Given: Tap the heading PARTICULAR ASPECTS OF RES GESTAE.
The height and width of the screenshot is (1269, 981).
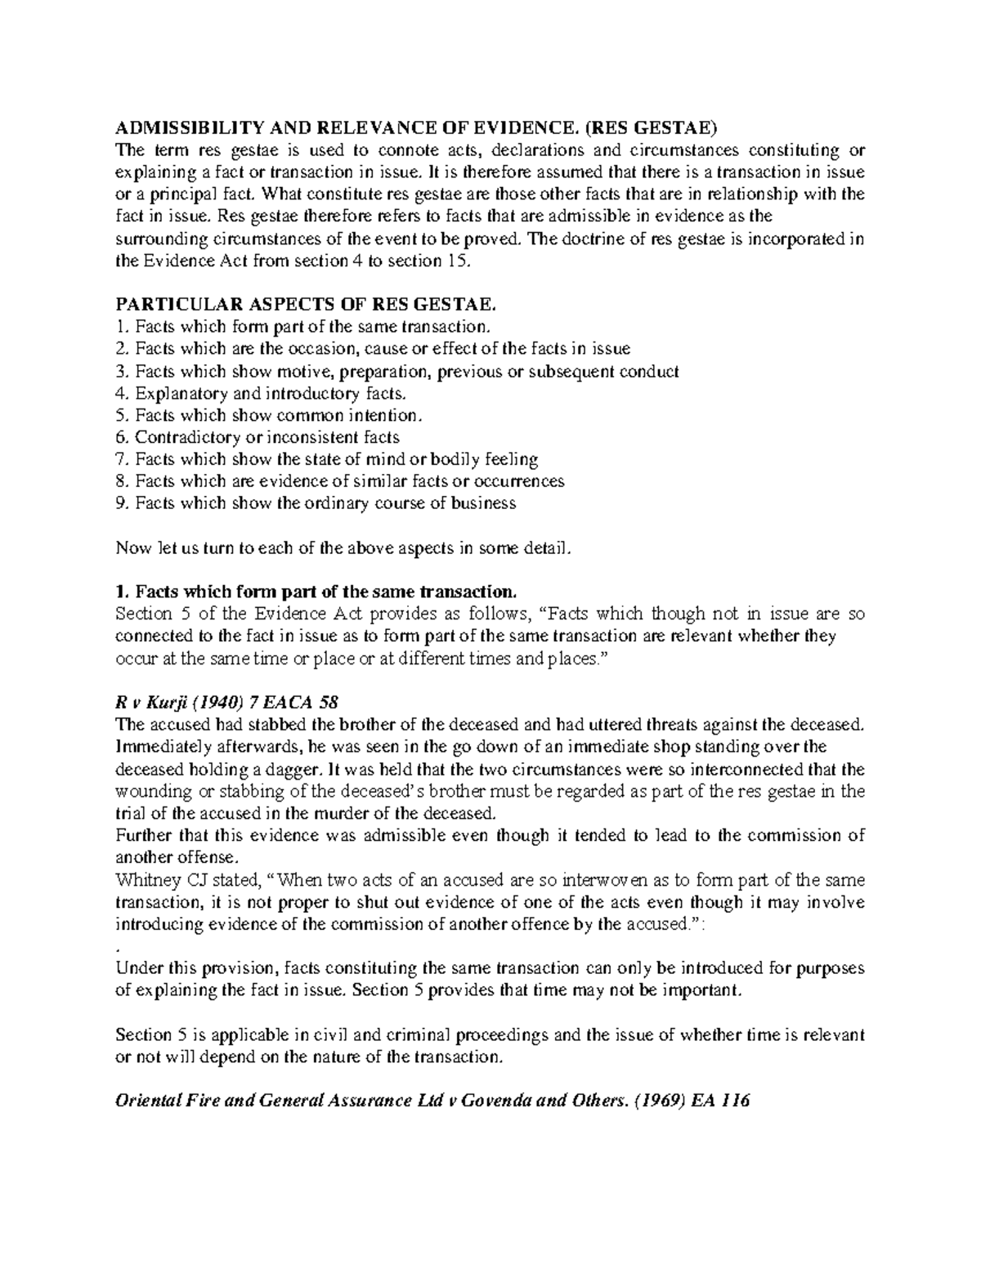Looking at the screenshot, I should [307, 305].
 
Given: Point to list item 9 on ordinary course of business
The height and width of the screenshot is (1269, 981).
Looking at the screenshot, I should [316, 503].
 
